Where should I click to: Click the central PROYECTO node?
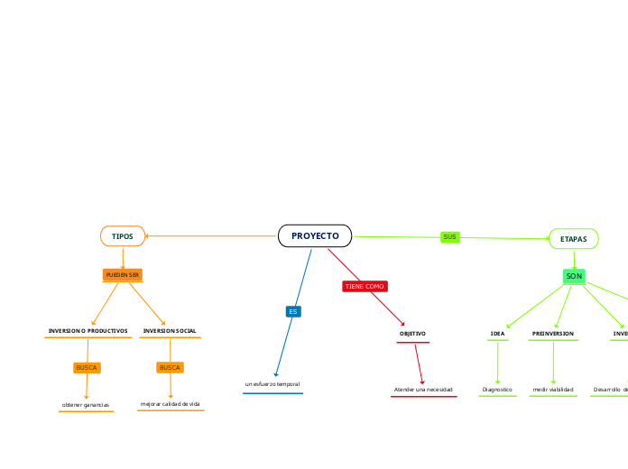coord(315,236)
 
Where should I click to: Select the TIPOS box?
coord(122,236)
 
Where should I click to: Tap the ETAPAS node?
coord(573,239)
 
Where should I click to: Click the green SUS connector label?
coord(449,237)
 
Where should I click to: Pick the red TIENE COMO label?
coord(365,286)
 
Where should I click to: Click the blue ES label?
coord(292,311)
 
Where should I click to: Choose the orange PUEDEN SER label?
coord(123,274)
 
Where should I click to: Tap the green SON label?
coord(574,275)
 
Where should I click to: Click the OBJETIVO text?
coord(412,334)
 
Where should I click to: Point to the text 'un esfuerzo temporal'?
coord(272,384)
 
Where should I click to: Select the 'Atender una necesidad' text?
coord(423,390)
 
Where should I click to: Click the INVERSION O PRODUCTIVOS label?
coord(88,331)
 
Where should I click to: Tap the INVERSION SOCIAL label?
coord(170,331)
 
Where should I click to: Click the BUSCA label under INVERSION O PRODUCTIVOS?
coord(87,368)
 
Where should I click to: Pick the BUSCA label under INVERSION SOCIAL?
coord(170,368)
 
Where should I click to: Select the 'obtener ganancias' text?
coord(86,405)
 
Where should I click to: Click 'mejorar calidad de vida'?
coord(171,404)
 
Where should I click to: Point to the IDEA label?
coord(497,334)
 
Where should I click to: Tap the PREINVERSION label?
coord(553,334)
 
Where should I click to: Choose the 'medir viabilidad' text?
coord(553,390)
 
